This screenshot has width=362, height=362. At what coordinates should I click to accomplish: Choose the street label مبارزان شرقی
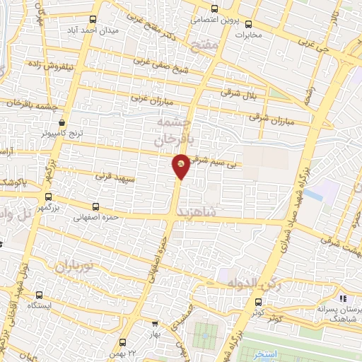click(270, 119)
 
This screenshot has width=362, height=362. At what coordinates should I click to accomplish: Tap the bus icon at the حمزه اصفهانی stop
click(96, 207)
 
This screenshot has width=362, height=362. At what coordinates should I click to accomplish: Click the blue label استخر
click(266, 353)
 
